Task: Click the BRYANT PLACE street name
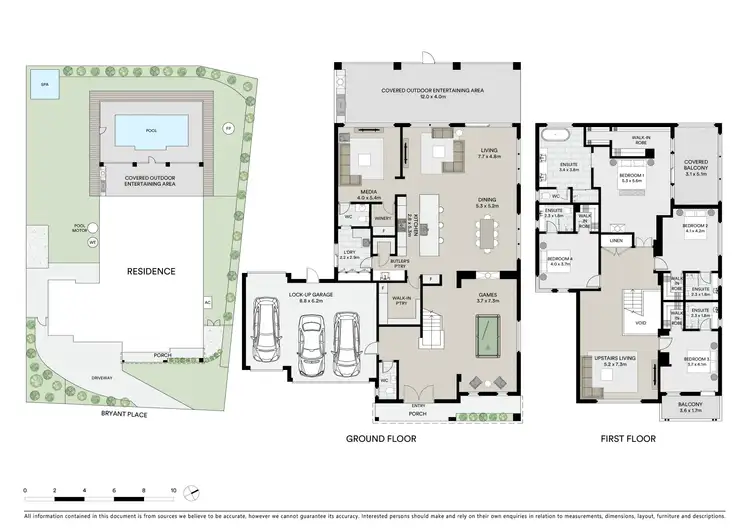(x=125, y=412)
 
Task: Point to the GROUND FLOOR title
(x=381, y=438)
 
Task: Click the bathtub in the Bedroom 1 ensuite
(x=553, y=133)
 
